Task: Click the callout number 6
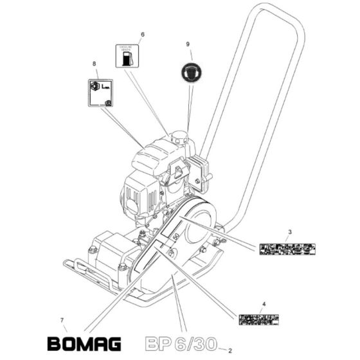142,33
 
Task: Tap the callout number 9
188,44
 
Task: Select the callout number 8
94,64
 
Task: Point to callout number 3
289,231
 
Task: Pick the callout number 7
62,319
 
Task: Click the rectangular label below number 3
287,248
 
